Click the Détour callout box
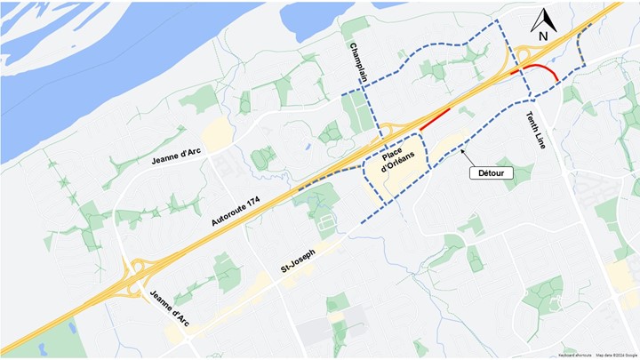[x=492, y=173]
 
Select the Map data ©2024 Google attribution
[x=616, y=355]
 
